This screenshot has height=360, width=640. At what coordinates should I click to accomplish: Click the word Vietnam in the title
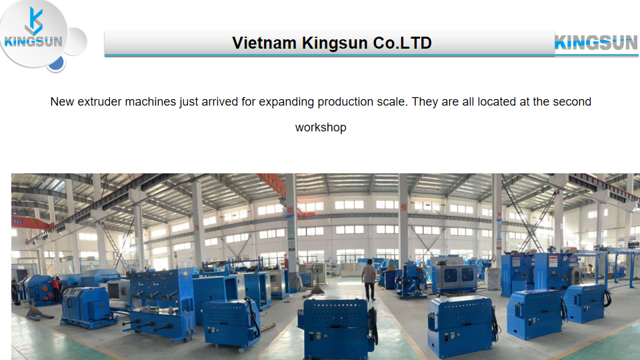point(264,43)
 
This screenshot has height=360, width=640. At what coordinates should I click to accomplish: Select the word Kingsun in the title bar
point(335,43)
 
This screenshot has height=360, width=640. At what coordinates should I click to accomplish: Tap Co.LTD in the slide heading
point(402,43)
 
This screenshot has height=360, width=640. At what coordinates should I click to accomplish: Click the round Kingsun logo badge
point(33,33)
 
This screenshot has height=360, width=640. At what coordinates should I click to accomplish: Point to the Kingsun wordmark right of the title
point(596,43)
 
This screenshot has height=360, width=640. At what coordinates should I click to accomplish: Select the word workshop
point(321,127)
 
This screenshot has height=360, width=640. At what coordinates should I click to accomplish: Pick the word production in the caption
point(345,102)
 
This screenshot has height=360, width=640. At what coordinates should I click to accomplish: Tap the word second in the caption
point(572,101)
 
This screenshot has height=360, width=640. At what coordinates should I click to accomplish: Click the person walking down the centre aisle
point(369,279)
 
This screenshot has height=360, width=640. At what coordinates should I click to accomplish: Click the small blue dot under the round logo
point(56,63)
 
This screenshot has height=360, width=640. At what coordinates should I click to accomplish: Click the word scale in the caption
point(392,101)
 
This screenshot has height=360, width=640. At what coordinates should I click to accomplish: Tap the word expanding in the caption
point(286,102)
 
